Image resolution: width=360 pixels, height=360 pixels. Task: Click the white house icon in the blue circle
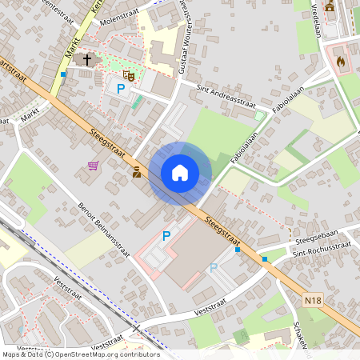pos(180,172)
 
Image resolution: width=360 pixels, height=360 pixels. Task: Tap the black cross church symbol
pos(87,59)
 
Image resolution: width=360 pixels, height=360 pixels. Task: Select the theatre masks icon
pos(128,75)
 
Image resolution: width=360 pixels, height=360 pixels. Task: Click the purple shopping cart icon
pos(94,166)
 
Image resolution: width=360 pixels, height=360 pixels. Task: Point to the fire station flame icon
pos(341,60)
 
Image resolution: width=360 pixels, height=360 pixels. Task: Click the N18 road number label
pos(314,300)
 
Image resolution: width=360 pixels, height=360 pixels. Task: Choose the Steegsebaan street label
pos(316,238)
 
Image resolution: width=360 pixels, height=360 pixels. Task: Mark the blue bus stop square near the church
pos(63,74)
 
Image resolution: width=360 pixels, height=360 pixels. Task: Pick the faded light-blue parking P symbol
pos(214,268)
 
